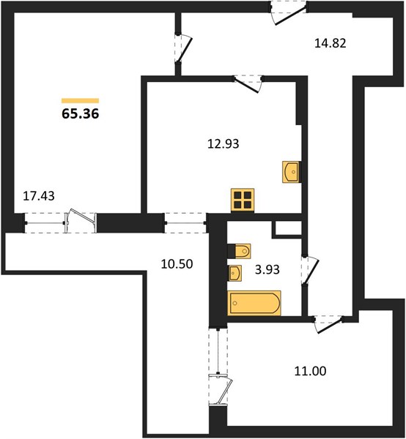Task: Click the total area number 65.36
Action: click(x=80, y=113)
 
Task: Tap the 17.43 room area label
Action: click(x=39, y=196)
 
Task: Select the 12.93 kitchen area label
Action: click(x=224, y=144)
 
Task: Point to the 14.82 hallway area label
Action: click(x=331, y=43)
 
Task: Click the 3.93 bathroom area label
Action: click(x=267, y=269)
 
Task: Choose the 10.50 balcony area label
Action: click(x=177, y=264)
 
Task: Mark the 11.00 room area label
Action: click(x=311, y=371)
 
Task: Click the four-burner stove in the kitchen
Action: click(x=243, y=200)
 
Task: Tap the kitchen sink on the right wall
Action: click(x=292, y=172)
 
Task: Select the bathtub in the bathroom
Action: click(x=254, y=303)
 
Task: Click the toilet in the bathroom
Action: click(x=239, y=251)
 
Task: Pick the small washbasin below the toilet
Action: click(x=235, y=273)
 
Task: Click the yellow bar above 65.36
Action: click(x=80, y=101)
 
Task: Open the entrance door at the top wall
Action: click(x=289, y=13)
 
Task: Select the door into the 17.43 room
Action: click(x=183, y=48)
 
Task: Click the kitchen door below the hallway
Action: click(x=248, y=83)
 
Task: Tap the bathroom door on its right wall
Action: click(x=311, y=270)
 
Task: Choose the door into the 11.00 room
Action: click(x=328, y=324)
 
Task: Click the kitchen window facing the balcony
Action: click(x=185, y=223)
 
